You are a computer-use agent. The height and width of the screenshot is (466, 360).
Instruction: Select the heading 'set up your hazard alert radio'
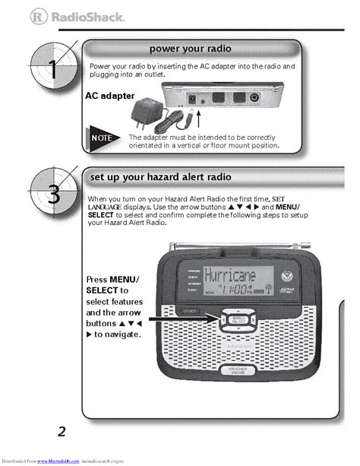tap(160, 176)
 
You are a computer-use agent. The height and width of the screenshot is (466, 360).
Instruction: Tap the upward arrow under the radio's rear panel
tap(198, 118)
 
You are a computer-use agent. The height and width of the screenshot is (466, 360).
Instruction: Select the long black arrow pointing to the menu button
tap(188, 321)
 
